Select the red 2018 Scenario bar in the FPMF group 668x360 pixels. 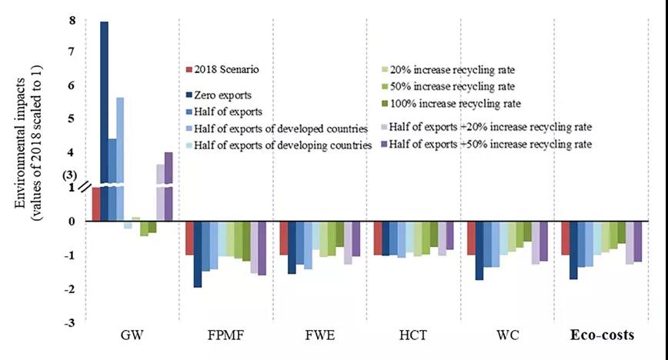click(x=189, y=238)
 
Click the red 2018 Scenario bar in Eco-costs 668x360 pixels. click(x=565, y=238)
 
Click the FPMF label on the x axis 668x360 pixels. click(x=227, y=336)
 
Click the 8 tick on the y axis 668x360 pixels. click(x=72, y=21)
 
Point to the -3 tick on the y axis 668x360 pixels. click(x=69, y=322)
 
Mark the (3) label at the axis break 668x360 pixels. click(x=69, y=175)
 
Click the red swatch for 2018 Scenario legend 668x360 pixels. click(x=190, y=70)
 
